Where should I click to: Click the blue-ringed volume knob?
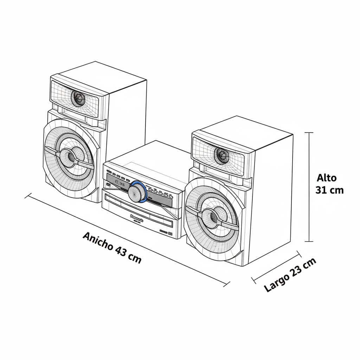pos(137,192)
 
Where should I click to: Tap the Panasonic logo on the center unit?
pos(137,218)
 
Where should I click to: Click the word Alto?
pos(327,178)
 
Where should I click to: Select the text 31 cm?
pos(329,190)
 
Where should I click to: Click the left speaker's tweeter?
pos(78,98)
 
